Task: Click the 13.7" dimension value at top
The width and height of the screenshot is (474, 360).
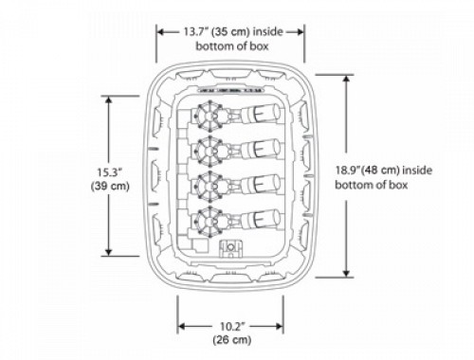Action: coord(196,32)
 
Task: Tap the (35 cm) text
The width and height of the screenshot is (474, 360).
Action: coord(231,32)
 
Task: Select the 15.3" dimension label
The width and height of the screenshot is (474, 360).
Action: coord(109,172)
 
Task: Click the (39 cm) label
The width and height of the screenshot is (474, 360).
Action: coord(110,186)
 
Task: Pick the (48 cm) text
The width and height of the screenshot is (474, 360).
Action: coord(379,171)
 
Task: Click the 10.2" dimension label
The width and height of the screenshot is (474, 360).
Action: coord(232,326)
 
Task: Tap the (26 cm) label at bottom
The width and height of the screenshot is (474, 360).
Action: coord(232,340)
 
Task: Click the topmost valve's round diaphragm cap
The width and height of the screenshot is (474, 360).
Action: coord(210,116)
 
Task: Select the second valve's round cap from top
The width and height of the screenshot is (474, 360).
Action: coord(210,151)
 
